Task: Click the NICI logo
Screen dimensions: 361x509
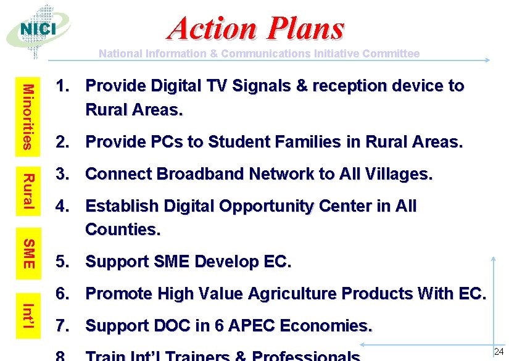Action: tap(38, 30)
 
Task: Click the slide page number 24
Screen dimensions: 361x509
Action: tap(499, 352)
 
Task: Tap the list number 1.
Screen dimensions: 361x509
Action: tap(62, 86)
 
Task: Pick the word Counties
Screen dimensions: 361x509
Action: tap(123, 230)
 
